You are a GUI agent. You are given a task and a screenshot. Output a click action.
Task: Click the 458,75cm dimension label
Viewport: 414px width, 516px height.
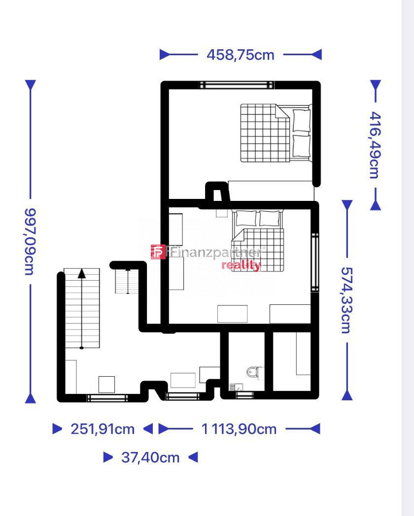[241, 55]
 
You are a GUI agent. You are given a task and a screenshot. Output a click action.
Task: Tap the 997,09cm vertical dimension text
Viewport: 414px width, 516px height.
[30, 242]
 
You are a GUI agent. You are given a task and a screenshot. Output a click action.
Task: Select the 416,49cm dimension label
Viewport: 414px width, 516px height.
[375, 145]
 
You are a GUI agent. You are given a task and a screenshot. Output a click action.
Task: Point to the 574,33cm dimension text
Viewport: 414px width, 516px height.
[346, 300]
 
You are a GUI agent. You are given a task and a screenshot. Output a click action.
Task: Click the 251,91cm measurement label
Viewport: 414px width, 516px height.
[103, 429]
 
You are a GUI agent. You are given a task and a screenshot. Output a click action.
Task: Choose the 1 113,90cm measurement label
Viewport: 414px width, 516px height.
[239, 429]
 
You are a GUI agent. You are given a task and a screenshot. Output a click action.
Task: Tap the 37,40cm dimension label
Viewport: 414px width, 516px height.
[150, 457]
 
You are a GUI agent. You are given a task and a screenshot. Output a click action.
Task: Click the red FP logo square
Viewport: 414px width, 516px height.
[158, 252]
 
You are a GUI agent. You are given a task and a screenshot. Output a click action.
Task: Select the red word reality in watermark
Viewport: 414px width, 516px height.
[241, 265]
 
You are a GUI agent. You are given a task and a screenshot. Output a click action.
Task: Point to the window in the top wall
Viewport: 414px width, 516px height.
[237, 85]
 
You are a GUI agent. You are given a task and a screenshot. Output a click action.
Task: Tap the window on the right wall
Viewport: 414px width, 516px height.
[315, 262]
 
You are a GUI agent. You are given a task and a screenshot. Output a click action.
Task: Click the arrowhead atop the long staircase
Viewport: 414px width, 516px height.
[82, 273]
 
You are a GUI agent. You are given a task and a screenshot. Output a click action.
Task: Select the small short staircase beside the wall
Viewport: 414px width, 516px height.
[127, 281]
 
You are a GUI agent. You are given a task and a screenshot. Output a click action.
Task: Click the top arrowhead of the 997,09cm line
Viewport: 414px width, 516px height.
[30, 85]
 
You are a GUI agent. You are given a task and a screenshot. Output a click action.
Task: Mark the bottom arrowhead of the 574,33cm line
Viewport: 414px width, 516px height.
[347, 395]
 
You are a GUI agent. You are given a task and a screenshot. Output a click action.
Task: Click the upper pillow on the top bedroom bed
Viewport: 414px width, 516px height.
[301, 121]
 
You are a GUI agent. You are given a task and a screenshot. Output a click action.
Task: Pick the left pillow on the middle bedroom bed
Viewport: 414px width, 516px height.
[246, 218]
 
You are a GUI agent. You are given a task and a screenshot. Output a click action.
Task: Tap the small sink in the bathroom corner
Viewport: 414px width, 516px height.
[236, 387]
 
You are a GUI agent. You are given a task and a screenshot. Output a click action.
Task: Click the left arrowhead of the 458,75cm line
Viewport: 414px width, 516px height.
[165, 55]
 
